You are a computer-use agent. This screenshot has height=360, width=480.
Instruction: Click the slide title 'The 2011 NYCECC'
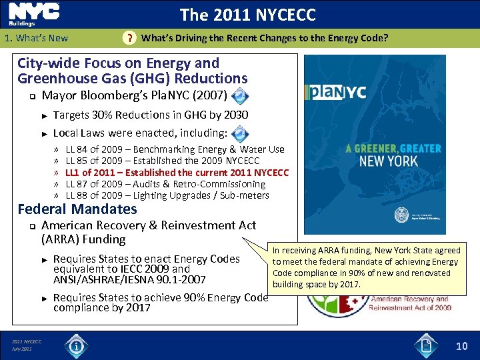pos(247,15)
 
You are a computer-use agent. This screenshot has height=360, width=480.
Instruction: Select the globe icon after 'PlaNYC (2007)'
pos(241,94)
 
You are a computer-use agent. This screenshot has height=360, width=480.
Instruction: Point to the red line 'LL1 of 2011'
pos(177,173)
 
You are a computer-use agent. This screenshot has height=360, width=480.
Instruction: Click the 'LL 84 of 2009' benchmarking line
pos(175,149)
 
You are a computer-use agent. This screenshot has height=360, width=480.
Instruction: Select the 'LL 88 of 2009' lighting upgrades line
pos(167,195)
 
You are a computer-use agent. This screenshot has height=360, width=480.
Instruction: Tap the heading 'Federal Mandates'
pos(77,209)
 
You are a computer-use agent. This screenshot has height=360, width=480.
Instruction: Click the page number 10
pos(462,345)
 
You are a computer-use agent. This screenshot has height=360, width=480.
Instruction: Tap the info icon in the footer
pos(77,346)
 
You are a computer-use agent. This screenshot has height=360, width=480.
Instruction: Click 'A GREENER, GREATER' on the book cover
pos(393,149)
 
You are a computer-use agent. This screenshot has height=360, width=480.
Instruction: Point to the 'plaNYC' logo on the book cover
pos(337,91)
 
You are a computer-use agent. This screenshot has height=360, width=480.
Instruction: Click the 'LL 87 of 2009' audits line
pos(165,184)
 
